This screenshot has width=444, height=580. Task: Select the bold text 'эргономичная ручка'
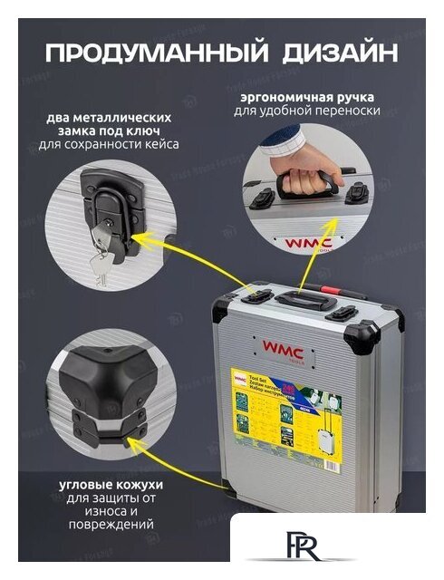[319, 97]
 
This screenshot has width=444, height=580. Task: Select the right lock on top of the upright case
[343, 314]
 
